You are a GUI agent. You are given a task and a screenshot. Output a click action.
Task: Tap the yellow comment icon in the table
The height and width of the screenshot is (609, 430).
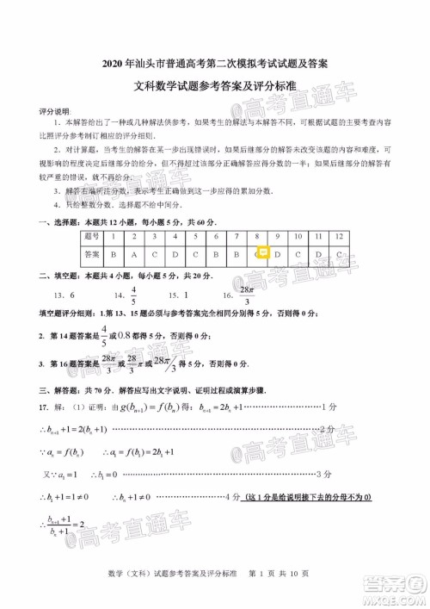coord(264,254)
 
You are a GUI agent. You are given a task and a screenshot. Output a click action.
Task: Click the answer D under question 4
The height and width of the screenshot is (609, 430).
coord(175,254)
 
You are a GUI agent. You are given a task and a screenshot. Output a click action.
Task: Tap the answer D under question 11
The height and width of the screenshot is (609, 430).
coord(319,254)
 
